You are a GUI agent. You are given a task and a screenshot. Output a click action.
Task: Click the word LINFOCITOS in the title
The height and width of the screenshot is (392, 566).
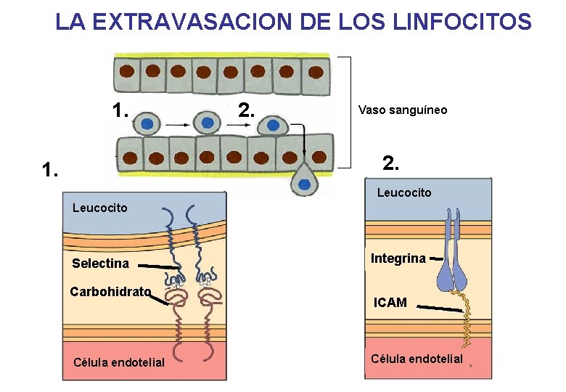[463, 22]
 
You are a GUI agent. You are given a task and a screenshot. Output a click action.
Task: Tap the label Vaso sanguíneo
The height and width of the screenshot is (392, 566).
[403, 110]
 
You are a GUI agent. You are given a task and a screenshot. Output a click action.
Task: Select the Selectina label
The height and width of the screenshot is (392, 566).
[100, 264]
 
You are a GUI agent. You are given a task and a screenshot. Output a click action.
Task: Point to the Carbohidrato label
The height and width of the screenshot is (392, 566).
[110, 292]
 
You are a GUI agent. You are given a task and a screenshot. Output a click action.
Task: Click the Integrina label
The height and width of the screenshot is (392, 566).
[398, 258]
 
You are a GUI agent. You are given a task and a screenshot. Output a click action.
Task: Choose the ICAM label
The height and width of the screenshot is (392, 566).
[390, 303]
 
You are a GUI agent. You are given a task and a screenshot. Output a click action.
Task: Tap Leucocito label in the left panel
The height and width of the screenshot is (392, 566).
[99, 208]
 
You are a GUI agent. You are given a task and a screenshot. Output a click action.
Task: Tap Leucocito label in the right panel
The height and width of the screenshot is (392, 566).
[403, 192]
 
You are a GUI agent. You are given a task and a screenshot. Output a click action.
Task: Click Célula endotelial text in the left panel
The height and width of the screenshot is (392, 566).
[119, 362]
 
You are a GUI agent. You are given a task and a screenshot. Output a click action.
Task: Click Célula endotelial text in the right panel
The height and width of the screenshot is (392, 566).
[416, 359]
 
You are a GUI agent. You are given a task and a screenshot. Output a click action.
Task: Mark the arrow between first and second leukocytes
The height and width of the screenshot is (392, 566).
[177, 125]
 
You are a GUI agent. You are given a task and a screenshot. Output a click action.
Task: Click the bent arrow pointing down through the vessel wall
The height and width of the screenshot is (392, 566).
[305, 142]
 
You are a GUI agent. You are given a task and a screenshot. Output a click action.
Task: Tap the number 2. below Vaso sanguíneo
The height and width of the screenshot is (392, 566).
[390, 163]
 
